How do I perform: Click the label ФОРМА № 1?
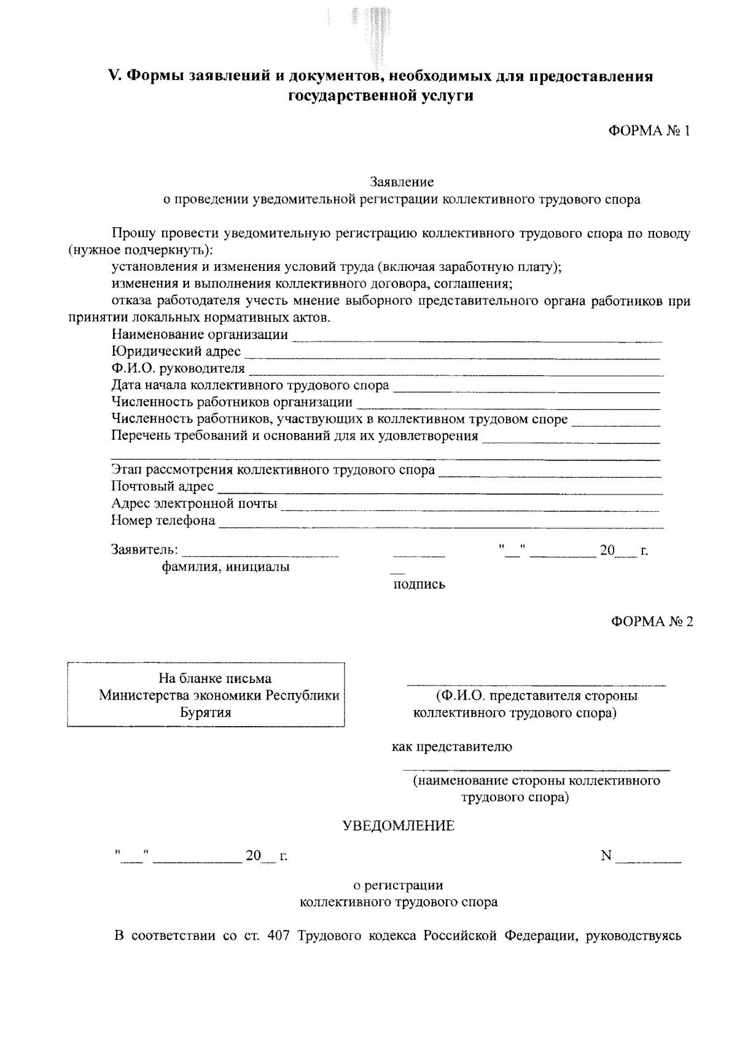tap(650, 131)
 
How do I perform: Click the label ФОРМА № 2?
tap(652, 621)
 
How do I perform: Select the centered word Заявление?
tap(402, 182)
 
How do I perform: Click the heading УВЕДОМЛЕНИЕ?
tap(398, 826)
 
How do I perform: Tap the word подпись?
tap(419, 584)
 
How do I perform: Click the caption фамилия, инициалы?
tap(225, 567)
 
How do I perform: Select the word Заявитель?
tap(145, 549)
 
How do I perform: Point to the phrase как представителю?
tap(452, 747)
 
